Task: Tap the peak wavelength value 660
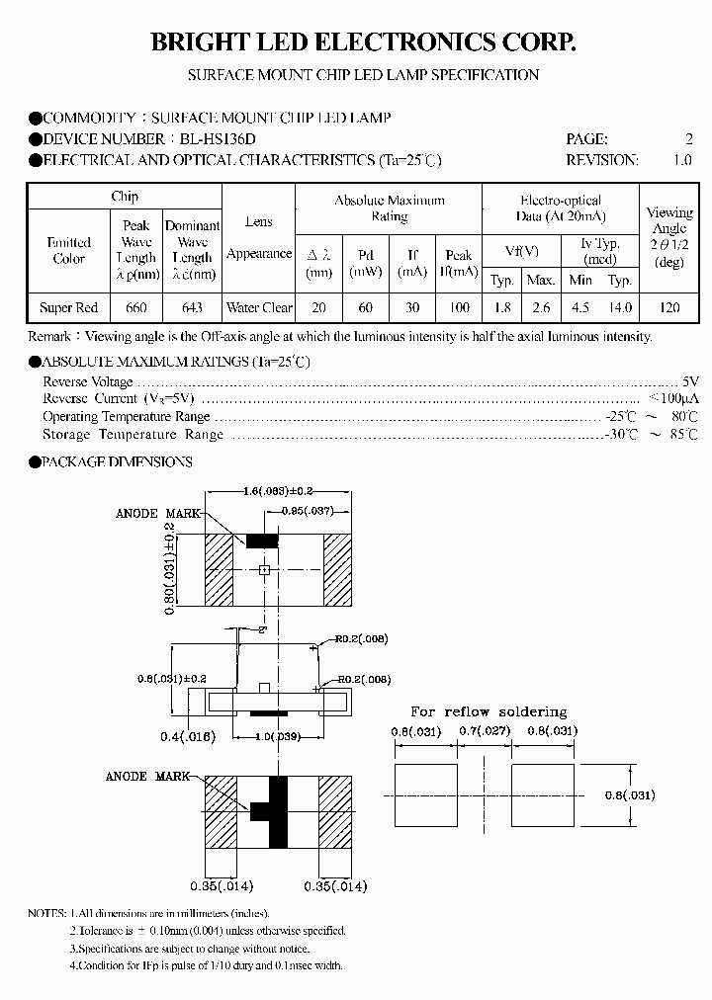click(135, 307)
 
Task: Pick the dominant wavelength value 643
click(192, 307)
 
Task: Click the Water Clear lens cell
click(259, 307)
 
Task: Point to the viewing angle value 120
click(669, 307)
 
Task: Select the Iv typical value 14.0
click(620, 307)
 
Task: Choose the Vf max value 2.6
click(541, 307)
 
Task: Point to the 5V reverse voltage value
click(690, 381)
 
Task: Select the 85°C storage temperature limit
click(683, 434)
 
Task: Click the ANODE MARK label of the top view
click(157, 514)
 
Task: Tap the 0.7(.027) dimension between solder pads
click(485, 731)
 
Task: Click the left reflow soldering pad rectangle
click(426, 794)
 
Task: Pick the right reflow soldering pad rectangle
click(542, 794)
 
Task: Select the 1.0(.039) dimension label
click(263, 736)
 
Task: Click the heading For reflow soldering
click(489, 711)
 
